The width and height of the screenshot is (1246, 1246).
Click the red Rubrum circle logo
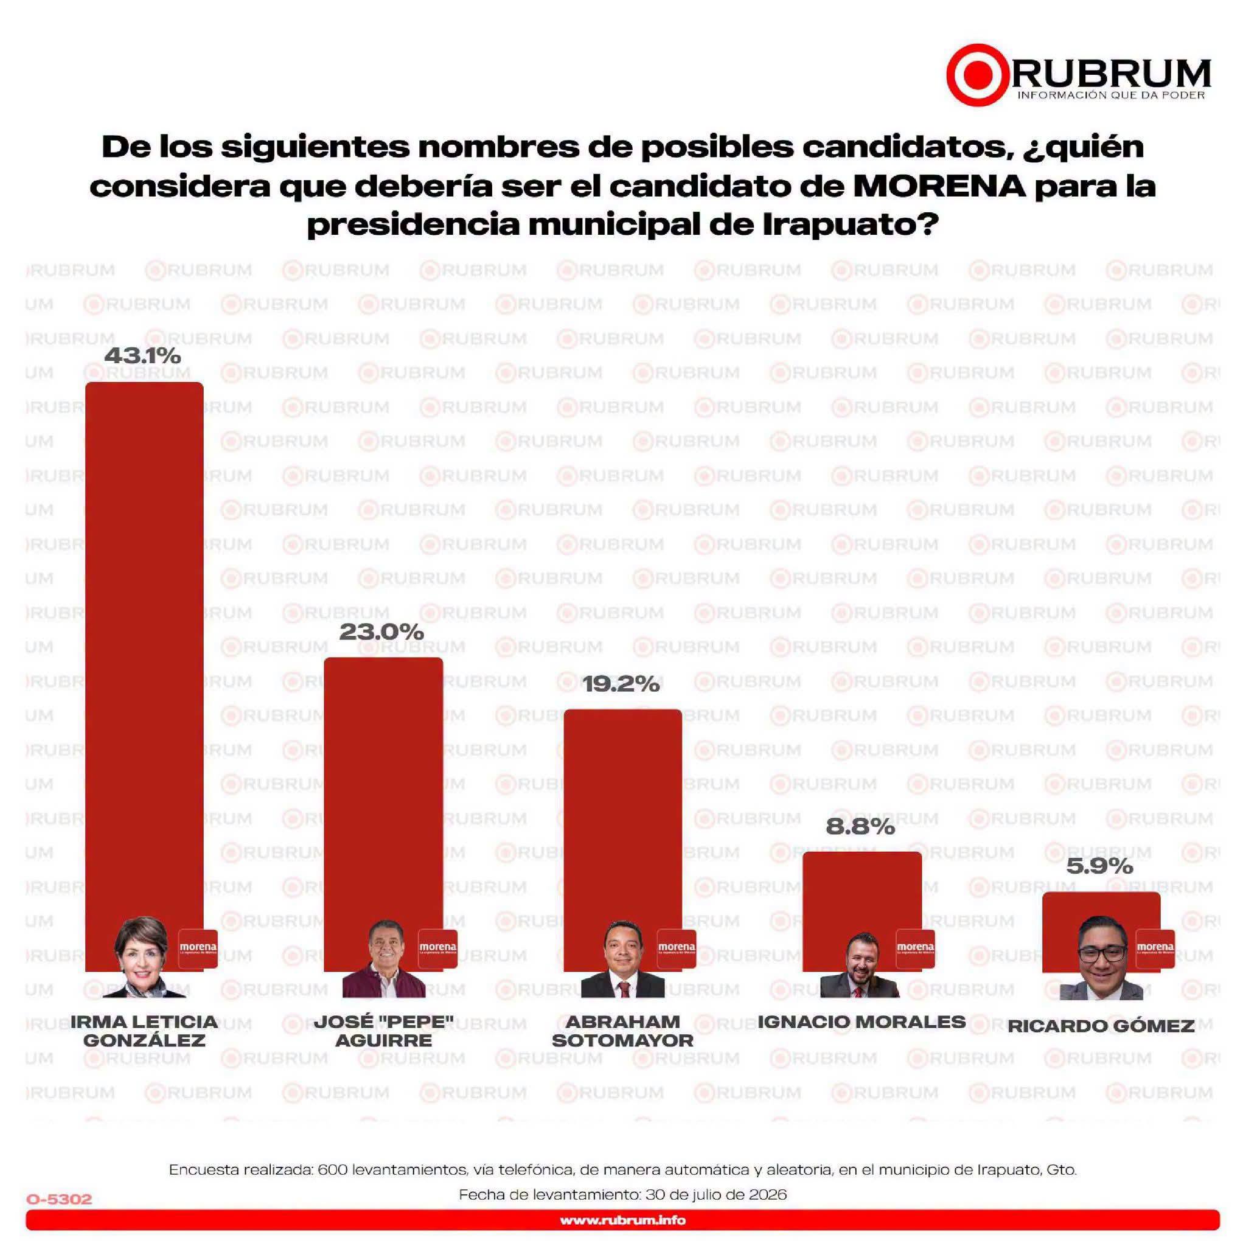click(978, 75)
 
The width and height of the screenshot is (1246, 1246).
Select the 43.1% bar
click(144, 677)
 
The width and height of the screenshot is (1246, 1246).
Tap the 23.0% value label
click(381, 632)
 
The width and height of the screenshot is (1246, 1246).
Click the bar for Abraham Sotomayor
click(622, 840)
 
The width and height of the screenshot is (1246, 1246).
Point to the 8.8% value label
click(860, 827)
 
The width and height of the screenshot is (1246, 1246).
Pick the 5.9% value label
click(1099, 866)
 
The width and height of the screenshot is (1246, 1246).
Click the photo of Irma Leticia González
click(143, 957)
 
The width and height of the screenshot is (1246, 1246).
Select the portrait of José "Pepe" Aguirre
click(384, 958)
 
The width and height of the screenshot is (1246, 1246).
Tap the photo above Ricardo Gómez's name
click(1102, 958)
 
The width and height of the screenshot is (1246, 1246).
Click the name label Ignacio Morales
click(861, 1022)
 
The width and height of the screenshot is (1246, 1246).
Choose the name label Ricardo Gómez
click(1101, 1026)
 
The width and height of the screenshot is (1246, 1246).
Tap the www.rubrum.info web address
click(622, 1220)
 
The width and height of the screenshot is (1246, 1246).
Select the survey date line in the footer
click(622, 1194)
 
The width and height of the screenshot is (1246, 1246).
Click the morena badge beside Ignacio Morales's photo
click(915, 948)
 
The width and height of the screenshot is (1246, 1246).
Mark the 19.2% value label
click(621, 684)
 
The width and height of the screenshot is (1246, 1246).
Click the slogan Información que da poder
click(1111, 96)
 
